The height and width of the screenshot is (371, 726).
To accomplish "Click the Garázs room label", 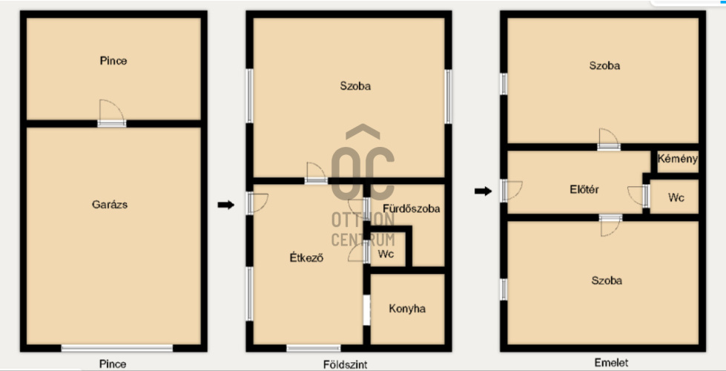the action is pyautogui.click(x=110, y=204).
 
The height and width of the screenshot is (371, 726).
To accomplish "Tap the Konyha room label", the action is pyautogui.click(x=407, y=309).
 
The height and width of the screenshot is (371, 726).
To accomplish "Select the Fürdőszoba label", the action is pyautogui.click(x=411, y=209).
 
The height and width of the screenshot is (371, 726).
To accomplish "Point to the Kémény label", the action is pyautogui.click(x=677, y=159).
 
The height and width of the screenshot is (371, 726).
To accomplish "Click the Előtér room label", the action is pyautogui.click(x=584, y=189).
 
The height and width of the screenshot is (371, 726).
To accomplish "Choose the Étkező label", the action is pyautogui.click(x=306, y=258).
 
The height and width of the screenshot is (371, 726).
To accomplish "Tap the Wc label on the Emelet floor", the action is pyautogui.click(x=676, y=197).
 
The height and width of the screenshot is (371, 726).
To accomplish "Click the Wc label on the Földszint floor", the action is pyautogui.click(x=386, y=254).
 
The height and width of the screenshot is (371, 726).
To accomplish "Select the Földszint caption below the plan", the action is pyautogui.click(x=346, y=364).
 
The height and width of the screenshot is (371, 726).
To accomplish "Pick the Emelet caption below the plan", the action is pyautogui.click(x=611, y=363).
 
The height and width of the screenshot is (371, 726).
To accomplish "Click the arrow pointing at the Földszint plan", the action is pyautogui.click(x=226, y=205).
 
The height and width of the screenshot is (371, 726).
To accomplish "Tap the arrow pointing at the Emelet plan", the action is pyautogui.click(x=483, y=191).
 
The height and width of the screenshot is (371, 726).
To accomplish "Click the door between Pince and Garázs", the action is pyautogui.click(x=111, y=114).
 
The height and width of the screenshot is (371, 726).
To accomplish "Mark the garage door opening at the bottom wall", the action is pyautogui.click(x=117, y=348).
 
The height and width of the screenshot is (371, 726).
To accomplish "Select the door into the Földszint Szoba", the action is pyautogui.click(x=316, y=173).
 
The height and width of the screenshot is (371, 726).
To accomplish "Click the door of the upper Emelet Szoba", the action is pyautogui.click(x=608, y=139).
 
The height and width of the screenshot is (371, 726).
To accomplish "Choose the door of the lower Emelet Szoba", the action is pyautogui.click(x=610, y=225).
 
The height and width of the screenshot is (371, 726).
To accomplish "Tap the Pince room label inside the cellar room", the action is pyautogui.click(x=113, y=61).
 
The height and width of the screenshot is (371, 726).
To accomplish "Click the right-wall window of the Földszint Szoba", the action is pyautogui.click(x=448, y=96).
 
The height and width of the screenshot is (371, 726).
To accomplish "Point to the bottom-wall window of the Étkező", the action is pyautogui.click(x=314, y=348).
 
